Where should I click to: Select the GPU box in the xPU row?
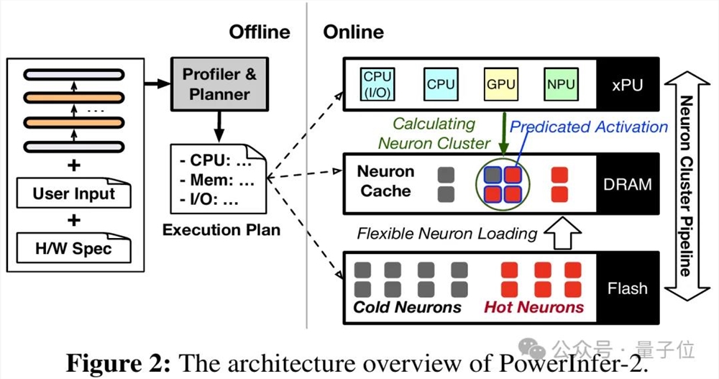[500, 83]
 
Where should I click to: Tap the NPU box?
[560, 83]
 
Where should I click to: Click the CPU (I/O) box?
[378, 83]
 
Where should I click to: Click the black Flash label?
[628, 288]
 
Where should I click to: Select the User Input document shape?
[74, 194]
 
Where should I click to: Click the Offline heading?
[260, 32]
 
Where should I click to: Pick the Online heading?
[353, 32]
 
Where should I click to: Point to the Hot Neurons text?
[533, 307]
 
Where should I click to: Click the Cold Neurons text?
[407, 307]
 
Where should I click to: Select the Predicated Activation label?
[589, 127]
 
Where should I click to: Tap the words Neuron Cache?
[385, 181]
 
